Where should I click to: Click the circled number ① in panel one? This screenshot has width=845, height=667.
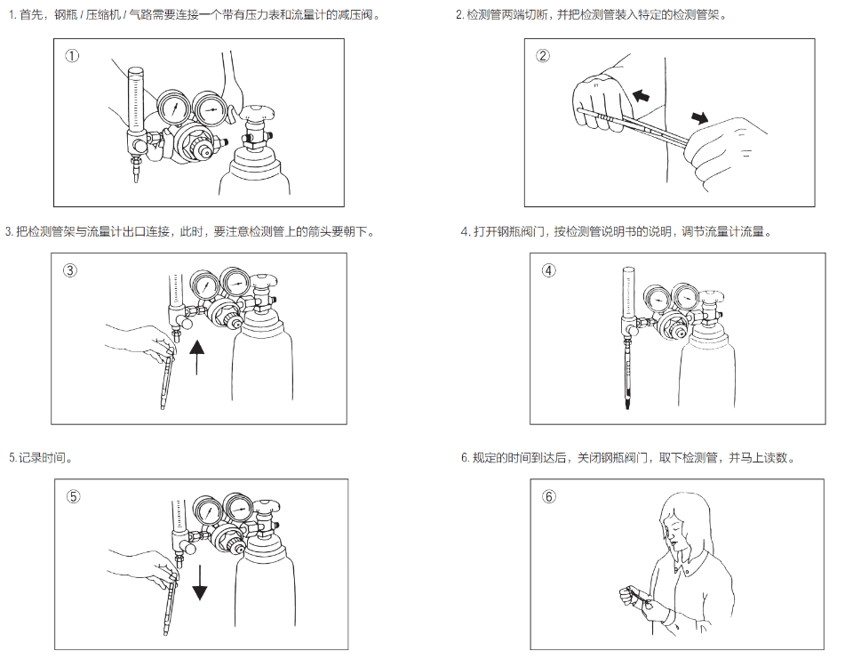tap(72, 56)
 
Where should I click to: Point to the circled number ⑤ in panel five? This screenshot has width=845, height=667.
tap(74, 496)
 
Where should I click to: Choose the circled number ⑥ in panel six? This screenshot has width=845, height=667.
tap(549, 496)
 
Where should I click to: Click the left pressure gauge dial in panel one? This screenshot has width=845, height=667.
tap(175, 109)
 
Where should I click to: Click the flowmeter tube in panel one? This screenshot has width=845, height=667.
tap(135, 98)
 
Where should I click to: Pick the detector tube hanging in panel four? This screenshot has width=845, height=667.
tap(626, 374)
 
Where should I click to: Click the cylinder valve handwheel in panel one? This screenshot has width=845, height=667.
tap(257, 110)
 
